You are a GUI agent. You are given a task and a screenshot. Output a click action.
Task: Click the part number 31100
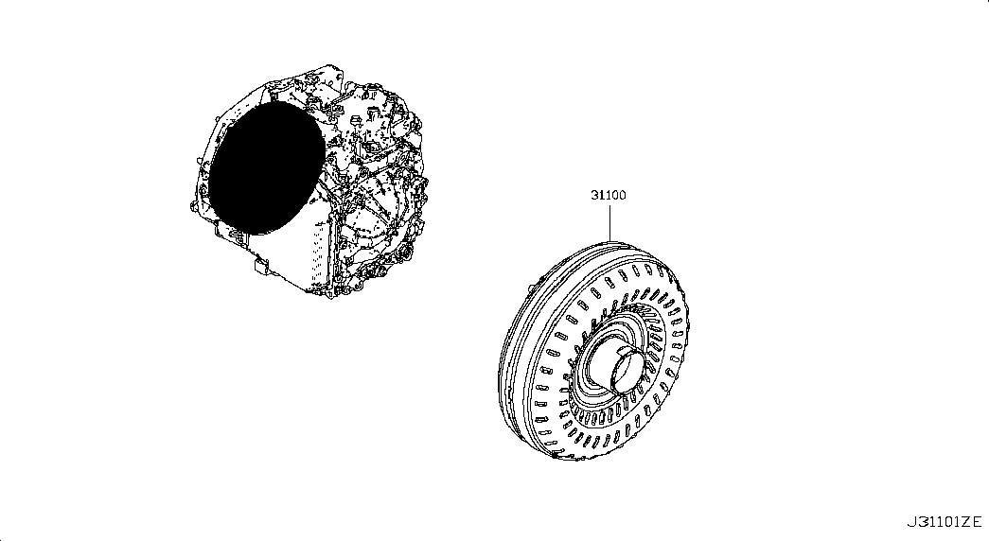coord(608,196)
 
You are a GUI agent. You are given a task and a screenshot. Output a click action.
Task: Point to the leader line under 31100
coord(609,222)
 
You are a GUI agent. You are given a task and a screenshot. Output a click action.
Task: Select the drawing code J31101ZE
coord(944,522)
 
